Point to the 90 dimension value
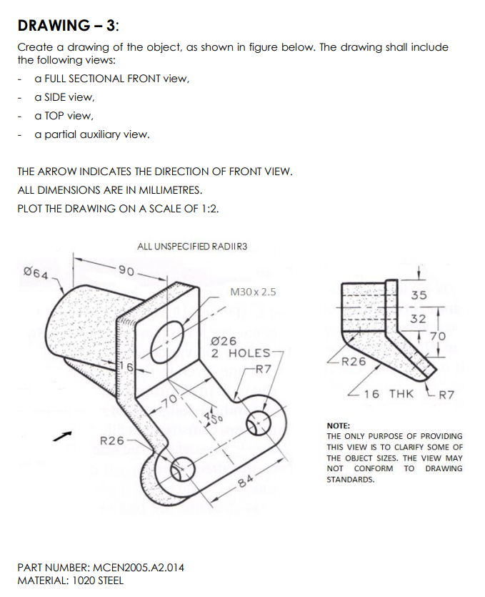pos(126,271)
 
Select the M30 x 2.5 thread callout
pos(254,292)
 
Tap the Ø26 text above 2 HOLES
pos(224,341)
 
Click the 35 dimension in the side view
pos(419,295)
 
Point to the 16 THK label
pos(389,394)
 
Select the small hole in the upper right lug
pos(256,422)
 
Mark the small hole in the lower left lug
pos(179,466)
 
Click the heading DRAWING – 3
pos(69,26)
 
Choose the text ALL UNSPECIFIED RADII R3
pos(192,247)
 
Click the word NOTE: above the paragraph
pos(338,425)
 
